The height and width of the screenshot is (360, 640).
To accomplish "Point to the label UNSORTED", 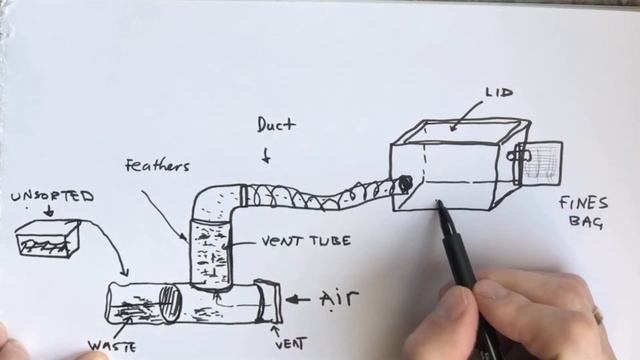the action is [52, 197].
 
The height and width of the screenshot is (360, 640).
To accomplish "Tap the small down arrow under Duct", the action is [266, 156].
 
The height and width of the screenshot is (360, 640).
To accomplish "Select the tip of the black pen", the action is [438, 205].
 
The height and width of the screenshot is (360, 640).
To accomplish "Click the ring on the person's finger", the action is [599, 319].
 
